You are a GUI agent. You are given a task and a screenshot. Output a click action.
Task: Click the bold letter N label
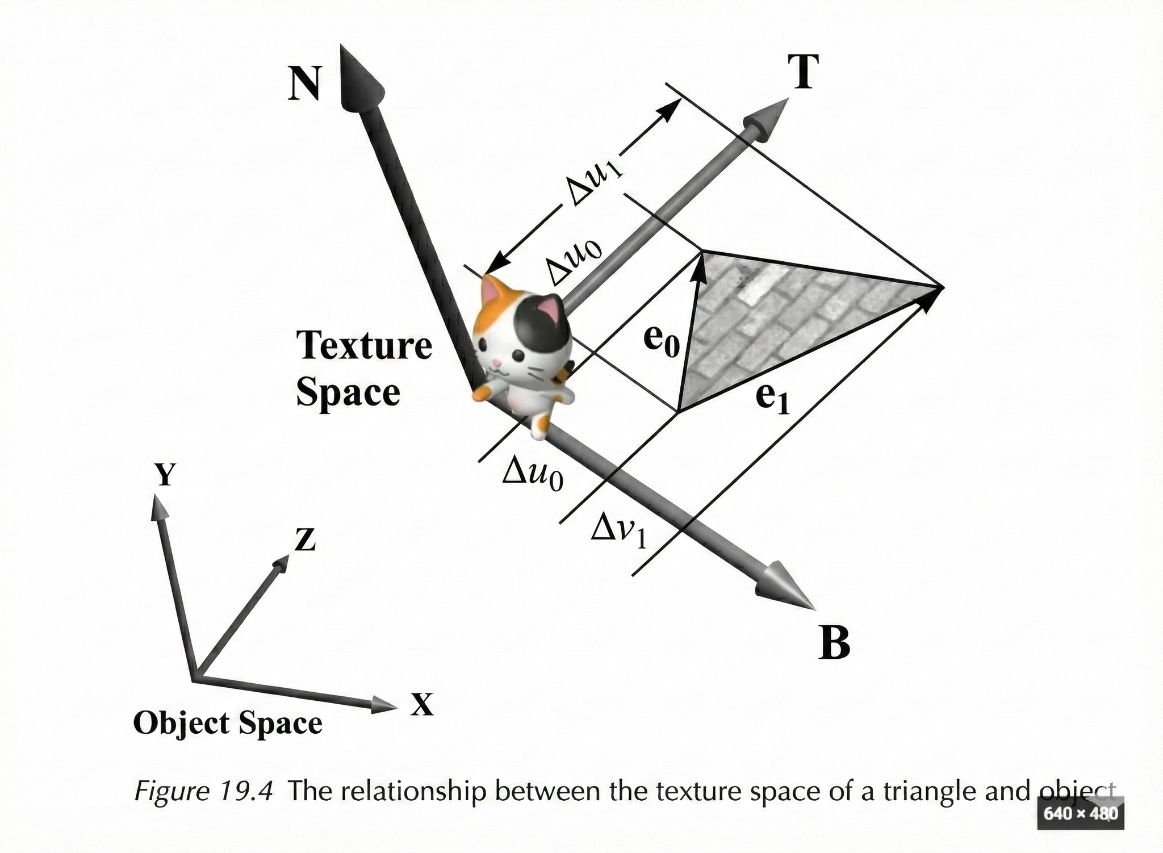(x=304, y=83)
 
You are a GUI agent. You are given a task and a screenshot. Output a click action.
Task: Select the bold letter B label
(x=834, y=642)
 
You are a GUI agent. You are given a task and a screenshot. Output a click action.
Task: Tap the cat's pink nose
(x=495, y=362)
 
